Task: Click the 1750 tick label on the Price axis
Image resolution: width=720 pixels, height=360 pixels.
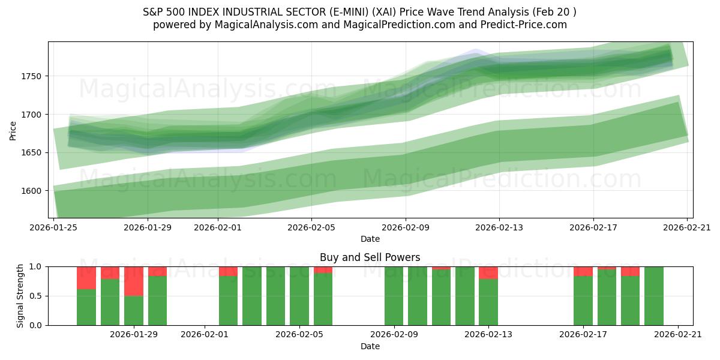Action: point(34,76)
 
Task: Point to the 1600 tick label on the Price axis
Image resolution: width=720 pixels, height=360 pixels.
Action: point(34,191)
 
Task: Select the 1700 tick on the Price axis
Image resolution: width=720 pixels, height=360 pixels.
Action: point(34,115)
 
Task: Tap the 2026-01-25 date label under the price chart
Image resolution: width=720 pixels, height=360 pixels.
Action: point(54,227)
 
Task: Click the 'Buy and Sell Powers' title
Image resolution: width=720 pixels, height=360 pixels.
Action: point(370,258)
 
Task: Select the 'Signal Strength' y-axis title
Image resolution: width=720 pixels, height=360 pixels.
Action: point(21,295)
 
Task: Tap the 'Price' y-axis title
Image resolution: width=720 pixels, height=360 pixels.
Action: point(13,130)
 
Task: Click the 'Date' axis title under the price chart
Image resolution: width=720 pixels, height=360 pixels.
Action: point(370,239)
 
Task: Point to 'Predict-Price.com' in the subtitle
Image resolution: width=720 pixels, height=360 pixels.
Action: point(526,25)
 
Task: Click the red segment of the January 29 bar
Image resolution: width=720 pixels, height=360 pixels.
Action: point(134,281)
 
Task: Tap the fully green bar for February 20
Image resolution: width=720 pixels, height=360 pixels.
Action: point(654,296)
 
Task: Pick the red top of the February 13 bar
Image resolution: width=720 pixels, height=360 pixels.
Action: point(488,272)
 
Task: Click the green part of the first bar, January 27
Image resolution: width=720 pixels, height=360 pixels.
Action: point(86,307)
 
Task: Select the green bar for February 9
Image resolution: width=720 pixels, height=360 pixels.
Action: point(394,296)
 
